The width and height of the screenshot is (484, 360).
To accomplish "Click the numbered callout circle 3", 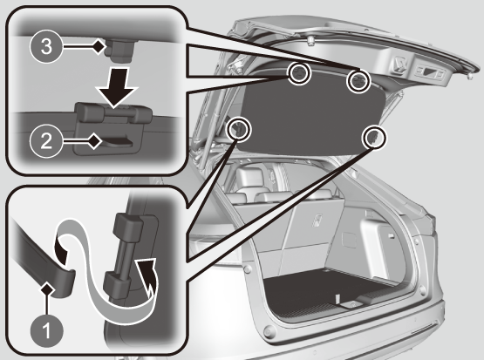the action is [46, 47].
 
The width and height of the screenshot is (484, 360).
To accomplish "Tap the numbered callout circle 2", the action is [46, 141].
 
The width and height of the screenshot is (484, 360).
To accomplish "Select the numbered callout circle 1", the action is [47, 331].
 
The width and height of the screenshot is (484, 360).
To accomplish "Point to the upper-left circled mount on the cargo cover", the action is [299, 74].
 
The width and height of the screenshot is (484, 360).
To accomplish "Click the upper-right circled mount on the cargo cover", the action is [358, 81].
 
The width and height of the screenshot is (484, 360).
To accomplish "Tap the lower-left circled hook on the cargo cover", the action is [238, 129].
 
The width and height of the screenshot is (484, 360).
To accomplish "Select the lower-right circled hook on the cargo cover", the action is [375, 137].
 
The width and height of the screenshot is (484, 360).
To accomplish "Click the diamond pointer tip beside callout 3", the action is [99, 47].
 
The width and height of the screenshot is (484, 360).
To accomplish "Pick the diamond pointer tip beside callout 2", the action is [96, 141].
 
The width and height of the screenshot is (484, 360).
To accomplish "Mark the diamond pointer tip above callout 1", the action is [48, 290].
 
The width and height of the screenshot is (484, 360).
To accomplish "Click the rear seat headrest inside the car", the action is [249, 177].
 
